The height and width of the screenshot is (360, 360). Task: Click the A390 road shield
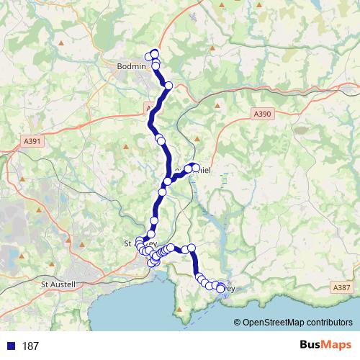point(262,114)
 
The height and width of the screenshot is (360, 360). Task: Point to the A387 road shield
point(341,287)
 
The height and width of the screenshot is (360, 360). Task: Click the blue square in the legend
point(10,346)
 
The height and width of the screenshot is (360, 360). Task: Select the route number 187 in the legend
point(30,346)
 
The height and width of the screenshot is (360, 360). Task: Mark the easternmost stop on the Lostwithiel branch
point(195,168)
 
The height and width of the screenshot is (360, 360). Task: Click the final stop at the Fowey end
point(220,289)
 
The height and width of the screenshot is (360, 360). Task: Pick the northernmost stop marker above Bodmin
point(154,54)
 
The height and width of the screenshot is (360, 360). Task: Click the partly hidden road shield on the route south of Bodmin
point(148,109)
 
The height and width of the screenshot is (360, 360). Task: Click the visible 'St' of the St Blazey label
point(130,243)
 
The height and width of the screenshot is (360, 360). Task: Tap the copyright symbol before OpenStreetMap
point(238,323)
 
